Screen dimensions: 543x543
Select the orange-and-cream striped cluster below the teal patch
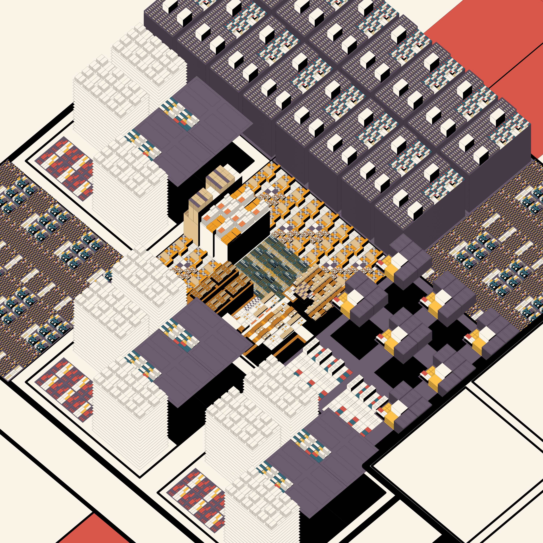[x=270, y=323]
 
